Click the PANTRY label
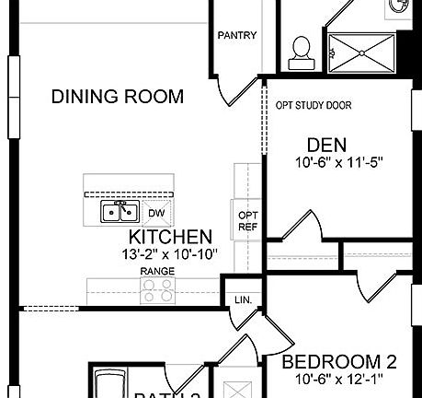tap(236, 36)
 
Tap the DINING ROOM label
tap(117, 96)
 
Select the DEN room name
tap(326, 144)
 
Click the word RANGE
tap(157, 272)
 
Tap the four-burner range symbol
tap(157, 291)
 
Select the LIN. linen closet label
tap(243, 299)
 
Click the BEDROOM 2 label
tap(338, 360)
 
